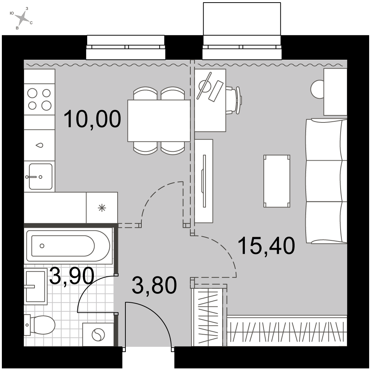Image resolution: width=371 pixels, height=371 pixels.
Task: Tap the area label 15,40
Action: tap(267, 246)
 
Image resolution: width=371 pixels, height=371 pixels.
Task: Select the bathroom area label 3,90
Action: tap(72, 276)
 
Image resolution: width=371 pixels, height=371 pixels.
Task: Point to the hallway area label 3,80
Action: tap(154, 285)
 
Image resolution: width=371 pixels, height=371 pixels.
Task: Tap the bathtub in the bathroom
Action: tap(68, 246)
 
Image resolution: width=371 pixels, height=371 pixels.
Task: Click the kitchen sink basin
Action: tap(40, 177)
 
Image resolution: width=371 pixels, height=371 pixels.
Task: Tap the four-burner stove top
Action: tap(40, 99)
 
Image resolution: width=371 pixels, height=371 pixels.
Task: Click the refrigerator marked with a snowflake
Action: tap(102, 207)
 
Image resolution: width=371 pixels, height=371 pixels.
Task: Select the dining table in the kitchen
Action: tap(159, 121)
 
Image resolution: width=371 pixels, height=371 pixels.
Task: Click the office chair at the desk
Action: tap(234, 100)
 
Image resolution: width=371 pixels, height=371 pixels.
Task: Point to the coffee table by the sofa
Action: tap(277, 181)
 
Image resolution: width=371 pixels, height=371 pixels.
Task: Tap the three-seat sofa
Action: tap(326, 181)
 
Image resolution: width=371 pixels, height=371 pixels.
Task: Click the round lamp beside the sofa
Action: tap(317, 89)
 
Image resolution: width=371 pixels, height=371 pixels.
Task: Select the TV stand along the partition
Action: tap(203, 181)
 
